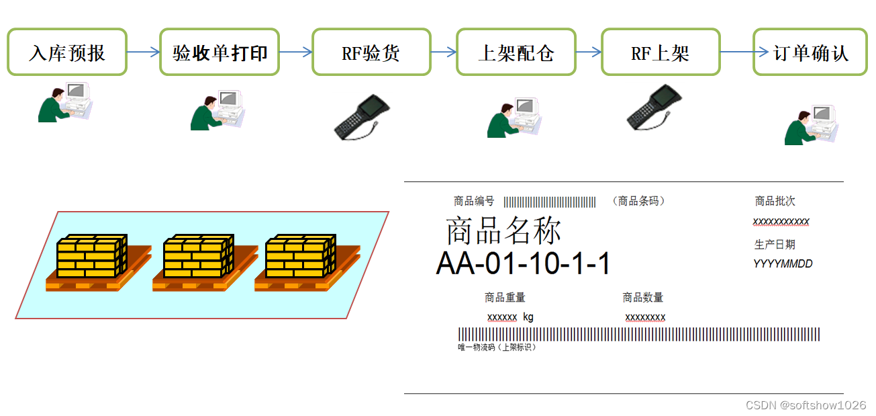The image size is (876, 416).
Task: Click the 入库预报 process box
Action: pos(67,52)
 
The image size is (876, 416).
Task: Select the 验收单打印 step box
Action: pos(220,52)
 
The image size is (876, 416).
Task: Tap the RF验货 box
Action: pos(371,52)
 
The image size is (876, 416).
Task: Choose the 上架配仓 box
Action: pos(516,52)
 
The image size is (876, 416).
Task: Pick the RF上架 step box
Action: pos(660,52)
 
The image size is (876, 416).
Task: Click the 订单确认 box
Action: pos(811,52)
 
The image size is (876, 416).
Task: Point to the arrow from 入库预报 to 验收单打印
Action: pos(143,52)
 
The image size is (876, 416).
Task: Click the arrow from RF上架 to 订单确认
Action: pos(736,52)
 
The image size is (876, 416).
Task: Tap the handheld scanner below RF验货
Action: pos(362,117)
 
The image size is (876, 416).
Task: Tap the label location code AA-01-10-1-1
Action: pos(523,263)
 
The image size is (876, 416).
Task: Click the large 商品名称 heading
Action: pos(503,231)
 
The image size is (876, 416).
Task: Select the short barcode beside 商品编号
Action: pos(550,202)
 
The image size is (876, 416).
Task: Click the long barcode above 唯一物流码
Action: pos(638,334)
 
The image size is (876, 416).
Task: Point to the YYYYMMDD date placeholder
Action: pos(783,264)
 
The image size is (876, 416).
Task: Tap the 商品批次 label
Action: pos(775,201)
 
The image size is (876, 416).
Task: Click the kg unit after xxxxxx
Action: pos(528,317)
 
